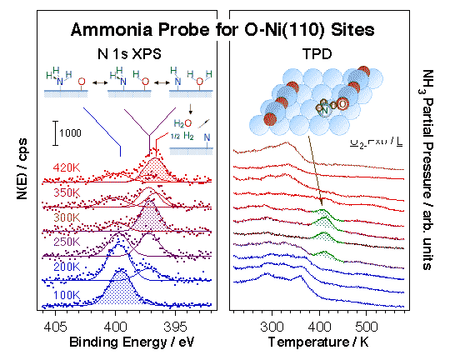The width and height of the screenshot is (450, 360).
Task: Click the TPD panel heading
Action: (x=316, y=54)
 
